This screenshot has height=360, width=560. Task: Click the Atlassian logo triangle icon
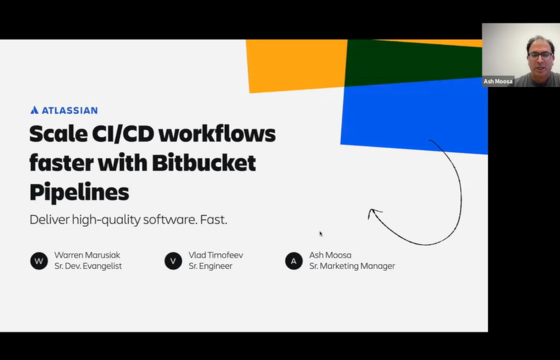pyautogui.click(x=34, y=110)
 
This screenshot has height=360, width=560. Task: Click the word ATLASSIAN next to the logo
pyautogui.click(x=69, y=110)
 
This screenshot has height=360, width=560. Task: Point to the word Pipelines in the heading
pyautogui.click(x=79, y=191)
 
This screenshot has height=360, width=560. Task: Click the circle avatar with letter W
pyautogui.click(x=39, y=261)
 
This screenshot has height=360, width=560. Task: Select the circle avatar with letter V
pyautogui.click(x=173, y=261)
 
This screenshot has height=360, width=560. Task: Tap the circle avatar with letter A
pyautogui.click(x=294, y=261)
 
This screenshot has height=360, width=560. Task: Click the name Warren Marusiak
pyautogui.click(x=87, y=255)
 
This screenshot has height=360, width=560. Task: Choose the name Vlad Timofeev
pyautogui.click(x=216, y=255)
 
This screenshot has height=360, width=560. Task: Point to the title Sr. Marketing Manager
pyautogui.click(x=352, y=266)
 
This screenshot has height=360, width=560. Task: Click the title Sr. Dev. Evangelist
pyautogui.click(x=88, y=266)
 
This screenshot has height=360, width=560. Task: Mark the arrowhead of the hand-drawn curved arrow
pyautogui.click(x=373, y=212)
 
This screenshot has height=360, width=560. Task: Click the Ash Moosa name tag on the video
pyautogui.click(x=498, y=81)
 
